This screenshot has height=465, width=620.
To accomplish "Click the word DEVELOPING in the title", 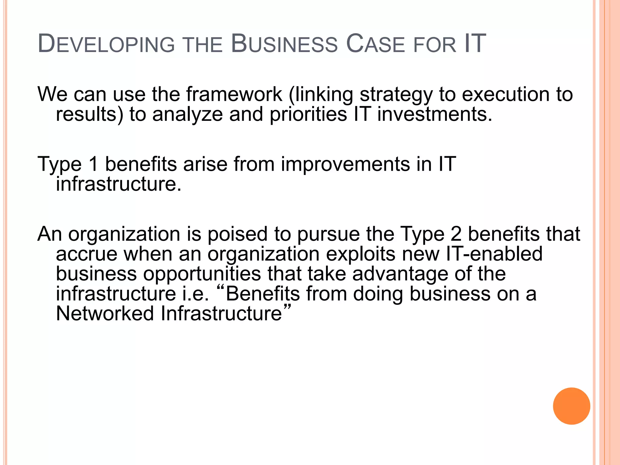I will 106,44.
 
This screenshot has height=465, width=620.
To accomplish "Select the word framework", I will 234,94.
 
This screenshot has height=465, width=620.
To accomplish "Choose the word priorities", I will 308,114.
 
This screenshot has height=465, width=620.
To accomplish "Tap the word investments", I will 435,114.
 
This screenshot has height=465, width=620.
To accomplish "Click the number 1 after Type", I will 94,164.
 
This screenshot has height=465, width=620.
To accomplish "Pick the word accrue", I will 87,254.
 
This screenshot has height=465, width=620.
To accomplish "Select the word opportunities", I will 202,274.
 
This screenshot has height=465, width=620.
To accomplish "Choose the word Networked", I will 105,313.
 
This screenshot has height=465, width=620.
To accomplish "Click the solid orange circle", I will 571,406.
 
